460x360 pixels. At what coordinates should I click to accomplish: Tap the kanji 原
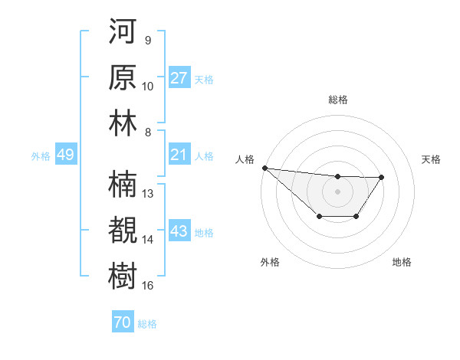pos(123,79)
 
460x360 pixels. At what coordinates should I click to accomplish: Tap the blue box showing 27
pos(179,78)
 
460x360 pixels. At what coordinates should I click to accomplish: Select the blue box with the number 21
pos(179,155)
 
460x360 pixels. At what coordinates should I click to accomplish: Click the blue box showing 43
pos(179,231)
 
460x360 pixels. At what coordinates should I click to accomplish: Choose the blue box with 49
pos(65,155)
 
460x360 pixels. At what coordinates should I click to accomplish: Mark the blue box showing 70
pos(122,322)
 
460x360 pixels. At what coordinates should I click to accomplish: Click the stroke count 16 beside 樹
pos(148,286)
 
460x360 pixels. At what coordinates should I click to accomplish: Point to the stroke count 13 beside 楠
pos(148,194)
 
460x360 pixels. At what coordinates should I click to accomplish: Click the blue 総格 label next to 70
pos(147,324)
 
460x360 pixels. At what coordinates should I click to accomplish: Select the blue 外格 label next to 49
pos(41,156)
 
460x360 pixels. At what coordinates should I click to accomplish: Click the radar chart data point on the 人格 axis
pos(264,168)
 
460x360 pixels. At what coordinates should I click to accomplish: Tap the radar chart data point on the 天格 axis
pos(382,177)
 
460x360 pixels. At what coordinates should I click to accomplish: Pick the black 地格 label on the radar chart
pos(402,262)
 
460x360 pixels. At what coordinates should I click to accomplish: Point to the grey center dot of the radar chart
pos(337,191)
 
